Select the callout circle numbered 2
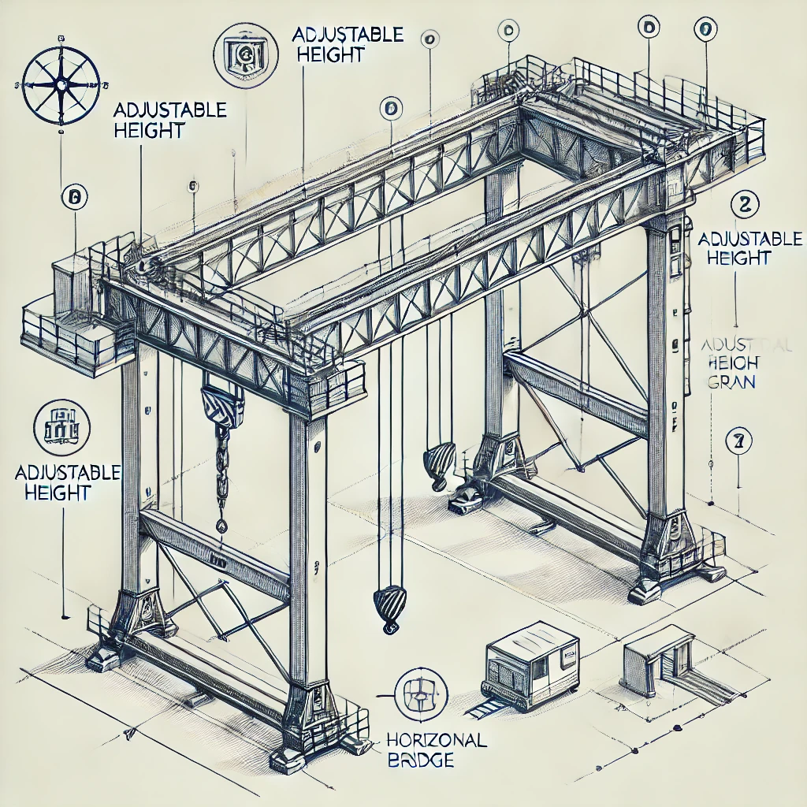tap(743, 204)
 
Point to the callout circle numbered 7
tap(738, 442)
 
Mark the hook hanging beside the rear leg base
tap(438, 465)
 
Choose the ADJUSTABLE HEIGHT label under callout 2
tap(749, 247)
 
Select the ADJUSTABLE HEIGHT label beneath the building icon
tap(67, 482)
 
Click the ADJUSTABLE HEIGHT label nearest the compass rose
tap(169, 119)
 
